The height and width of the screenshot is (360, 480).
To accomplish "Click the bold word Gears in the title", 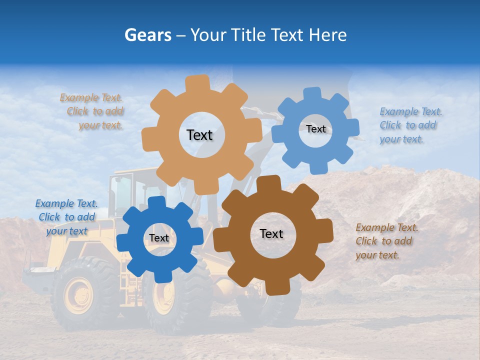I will point(147,35).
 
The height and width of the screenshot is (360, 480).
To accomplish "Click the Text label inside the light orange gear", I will point(199,135).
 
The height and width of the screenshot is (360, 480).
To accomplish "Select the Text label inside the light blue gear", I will point(315,129).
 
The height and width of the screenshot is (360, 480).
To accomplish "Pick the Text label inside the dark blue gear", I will point(158,238).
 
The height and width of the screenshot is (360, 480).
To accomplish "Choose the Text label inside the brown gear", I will point(271,234).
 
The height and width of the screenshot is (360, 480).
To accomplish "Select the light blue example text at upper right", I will point(410,125).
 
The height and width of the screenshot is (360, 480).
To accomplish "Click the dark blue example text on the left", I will point(66,217).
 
